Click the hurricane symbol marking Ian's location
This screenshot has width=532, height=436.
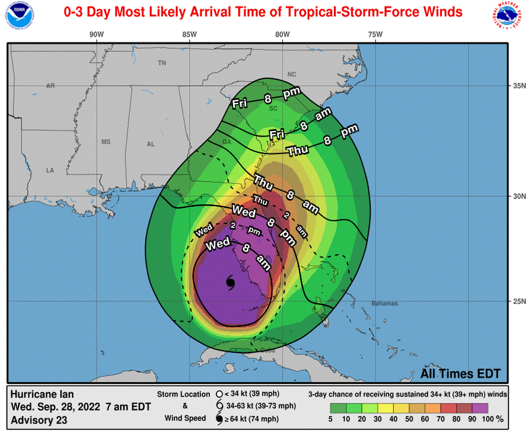(231, 283)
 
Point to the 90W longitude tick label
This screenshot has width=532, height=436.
(97, 34)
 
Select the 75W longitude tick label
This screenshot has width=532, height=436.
(375, 34)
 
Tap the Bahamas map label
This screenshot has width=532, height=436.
(384, 303)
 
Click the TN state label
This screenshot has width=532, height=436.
(162, 63)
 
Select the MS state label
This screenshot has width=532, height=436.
(106, 142)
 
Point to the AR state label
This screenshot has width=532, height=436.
(50, 86)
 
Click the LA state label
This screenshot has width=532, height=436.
(50, 171)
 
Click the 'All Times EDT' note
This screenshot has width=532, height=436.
(460, 374)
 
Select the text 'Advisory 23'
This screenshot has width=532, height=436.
(39, 421)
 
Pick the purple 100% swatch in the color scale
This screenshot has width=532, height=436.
(480, 408)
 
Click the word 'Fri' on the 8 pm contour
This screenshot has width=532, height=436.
(240, 104)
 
